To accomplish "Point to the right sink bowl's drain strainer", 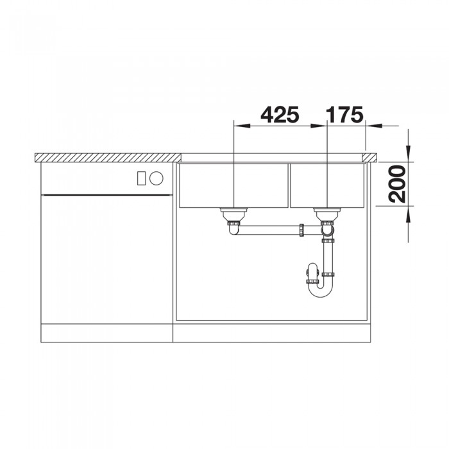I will click(326, 212).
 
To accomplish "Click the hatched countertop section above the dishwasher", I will click(106, 157).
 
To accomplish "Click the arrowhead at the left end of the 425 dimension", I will click(237, 125).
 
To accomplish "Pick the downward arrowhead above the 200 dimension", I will click(409, 157).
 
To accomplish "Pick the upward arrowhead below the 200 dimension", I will click(409, 210).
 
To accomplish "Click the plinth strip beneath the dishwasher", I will click(106, 333).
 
